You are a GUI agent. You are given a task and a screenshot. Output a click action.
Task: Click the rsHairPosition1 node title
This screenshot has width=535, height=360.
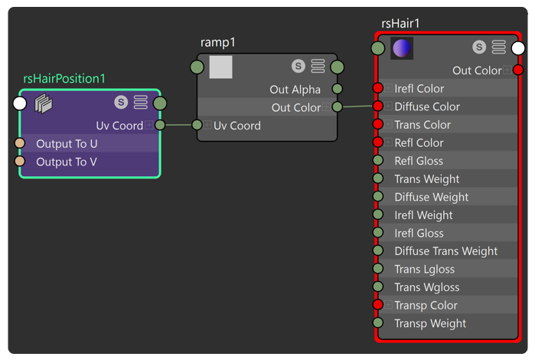click(x=64, y=79)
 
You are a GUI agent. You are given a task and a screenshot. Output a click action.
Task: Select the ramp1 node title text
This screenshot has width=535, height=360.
click(x=217, y=42)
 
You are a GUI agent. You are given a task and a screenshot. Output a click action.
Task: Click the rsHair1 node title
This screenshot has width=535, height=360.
click(x=400, y=23)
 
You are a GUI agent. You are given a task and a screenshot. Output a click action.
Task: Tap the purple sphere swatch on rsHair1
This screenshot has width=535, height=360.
click(x=402, y=48)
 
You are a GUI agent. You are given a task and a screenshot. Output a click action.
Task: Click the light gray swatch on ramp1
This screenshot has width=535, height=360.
click(x=220, y=67)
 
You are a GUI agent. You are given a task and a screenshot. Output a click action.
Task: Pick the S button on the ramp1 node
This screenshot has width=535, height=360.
click(x=298, y=66)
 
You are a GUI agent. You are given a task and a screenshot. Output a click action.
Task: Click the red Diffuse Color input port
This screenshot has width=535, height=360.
click(x=377, y=106)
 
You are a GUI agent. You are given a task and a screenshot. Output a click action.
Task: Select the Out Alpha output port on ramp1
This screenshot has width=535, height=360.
click(x=337, y=89)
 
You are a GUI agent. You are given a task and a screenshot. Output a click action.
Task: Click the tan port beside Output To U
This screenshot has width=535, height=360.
click(x=20, y=143)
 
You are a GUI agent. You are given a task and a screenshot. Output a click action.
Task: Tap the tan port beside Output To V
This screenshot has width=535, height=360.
click(x=20, y=161)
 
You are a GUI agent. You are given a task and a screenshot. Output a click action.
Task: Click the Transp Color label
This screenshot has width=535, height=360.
click(x=426, y=306)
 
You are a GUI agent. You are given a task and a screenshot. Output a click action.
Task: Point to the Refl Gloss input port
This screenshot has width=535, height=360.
click(x=377, y=160)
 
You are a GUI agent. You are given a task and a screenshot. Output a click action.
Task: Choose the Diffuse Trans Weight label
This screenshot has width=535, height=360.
click(x=446, y=251)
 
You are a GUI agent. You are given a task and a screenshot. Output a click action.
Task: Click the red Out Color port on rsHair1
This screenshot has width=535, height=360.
click(x=518, y=70)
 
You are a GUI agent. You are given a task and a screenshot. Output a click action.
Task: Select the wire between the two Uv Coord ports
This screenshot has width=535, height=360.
click(x=178, y=125)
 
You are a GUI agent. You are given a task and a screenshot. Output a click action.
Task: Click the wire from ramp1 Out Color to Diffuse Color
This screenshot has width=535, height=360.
click(x=357, y=106)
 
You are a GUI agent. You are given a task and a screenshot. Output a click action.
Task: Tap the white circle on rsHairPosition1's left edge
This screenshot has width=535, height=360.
click(x=20, y=103)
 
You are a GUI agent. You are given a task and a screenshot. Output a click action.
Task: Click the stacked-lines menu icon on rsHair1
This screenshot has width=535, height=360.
click(x=498, y=47)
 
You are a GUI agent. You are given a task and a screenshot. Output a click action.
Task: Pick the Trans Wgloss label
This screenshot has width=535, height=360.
click(x=427, y=287)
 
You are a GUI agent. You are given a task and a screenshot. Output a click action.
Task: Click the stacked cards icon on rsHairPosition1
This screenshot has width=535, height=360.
click(x=44, y=103)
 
